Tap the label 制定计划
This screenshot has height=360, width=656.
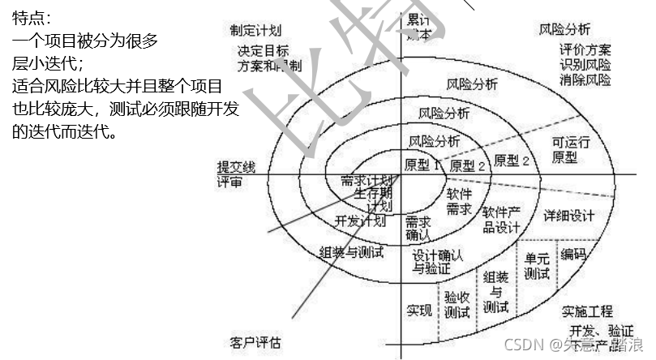(x=255, y=30)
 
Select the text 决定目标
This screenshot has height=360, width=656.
(x=263, y=50)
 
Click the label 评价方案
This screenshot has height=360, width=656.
(x=585, y=50)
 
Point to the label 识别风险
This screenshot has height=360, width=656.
(x=585, y=65)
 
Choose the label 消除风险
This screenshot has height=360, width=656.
(x=585, y=79)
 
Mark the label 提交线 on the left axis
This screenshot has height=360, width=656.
(x=236, y=167)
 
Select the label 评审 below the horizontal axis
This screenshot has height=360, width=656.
(x=229, y=182)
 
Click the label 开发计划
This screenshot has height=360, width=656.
(x=359, y=221)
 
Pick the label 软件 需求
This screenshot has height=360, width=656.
(x=459, y=201)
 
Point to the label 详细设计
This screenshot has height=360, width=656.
(x=568, y=216)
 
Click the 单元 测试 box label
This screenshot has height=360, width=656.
(x=537, y=266)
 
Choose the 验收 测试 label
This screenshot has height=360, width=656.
(x=457, y=304)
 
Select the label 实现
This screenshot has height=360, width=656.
(x=419, y=311)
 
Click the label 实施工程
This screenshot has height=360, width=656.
(x=587, y=312)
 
